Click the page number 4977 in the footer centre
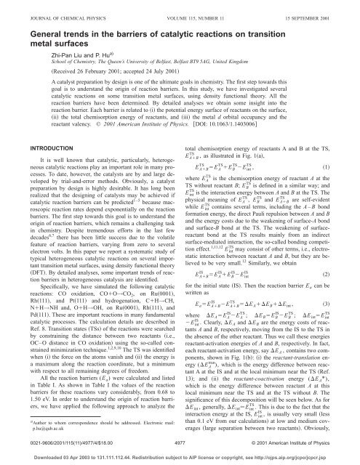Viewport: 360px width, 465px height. click(x=180, y=438)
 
